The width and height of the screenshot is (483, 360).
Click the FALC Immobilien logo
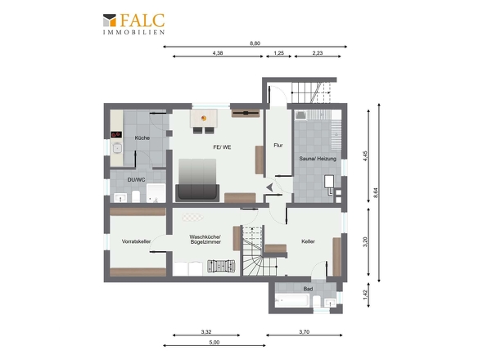pos(133,24)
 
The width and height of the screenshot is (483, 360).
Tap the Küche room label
pos(142,138)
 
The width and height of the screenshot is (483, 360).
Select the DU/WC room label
pos(136,179)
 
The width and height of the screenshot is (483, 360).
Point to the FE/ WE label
pos(222,147)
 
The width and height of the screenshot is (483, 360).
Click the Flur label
pos(278,145)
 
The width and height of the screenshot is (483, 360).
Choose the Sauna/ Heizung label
pos(318,159)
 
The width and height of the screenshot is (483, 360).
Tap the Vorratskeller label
pos(136,241)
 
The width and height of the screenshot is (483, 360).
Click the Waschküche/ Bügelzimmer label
pos(205,239)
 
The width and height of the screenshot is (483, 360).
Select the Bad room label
pos(308,289)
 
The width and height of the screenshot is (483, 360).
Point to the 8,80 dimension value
pos(255,43)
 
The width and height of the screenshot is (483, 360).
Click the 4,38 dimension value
pos(218,53)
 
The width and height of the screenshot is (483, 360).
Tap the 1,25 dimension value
pos(279,53)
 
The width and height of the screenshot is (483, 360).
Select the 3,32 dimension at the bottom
pos(206,331)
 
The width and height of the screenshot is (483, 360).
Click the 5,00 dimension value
pos(214,342)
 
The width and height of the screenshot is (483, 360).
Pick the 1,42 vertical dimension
pos(365,295)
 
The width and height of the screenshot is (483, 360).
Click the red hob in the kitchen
pos(116,134)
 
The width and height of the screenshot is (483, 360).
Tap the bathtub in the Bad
pos(291,300)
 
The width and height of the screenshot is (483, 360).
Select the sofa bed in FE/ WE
pos(197,180)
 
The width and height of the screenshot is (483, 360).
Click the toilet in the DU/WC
pos(136,196)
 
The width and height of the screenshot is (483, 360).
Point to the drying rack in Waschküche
pos(221,266)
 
